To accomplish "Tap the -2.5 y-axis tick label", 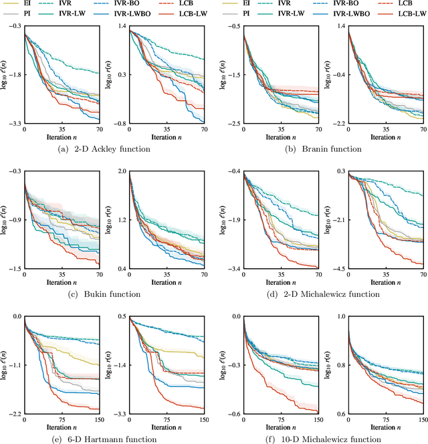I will pos(233,124).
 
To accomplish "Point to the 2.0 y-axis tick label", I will pos(123,172).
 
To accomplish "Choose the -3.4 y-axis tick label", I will pos(233,269).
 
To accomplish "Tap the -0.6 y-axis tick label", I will pos(233,415).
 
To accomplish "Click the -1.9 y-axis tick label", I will pos(233,220).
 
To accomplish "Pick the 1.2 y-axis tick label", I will pos(123,220).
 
